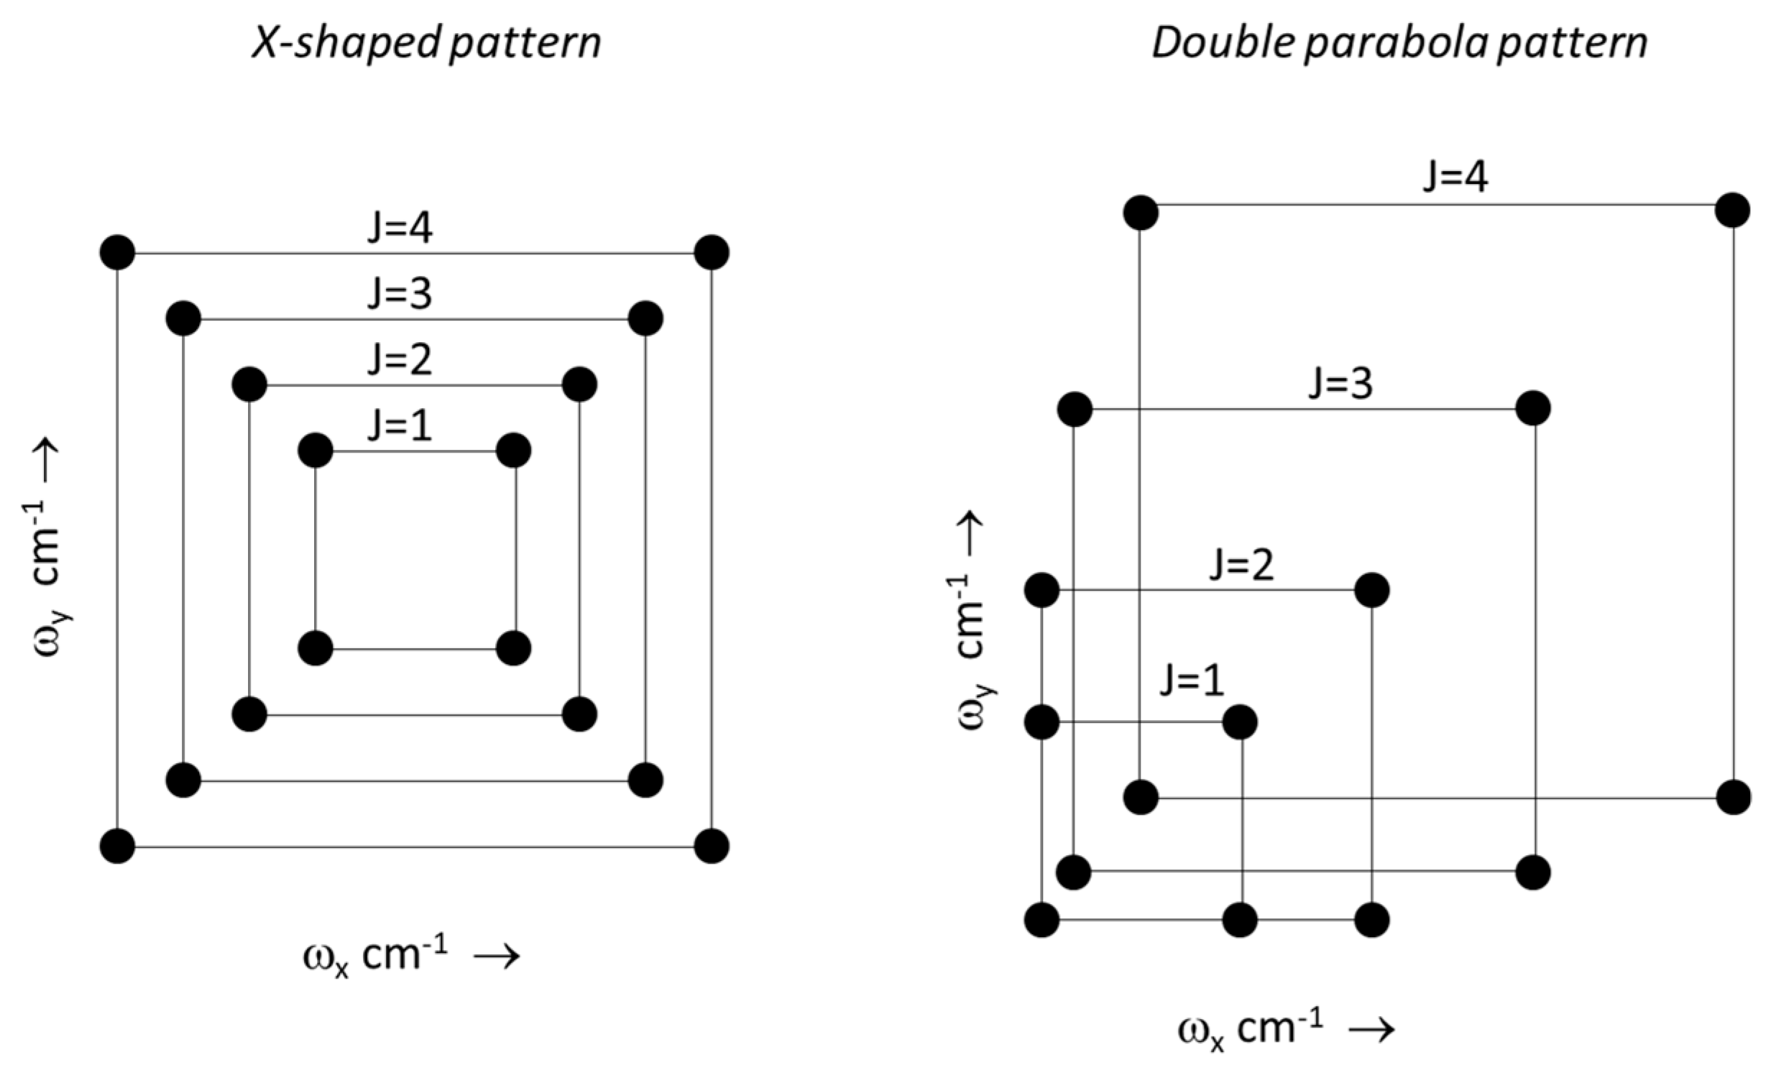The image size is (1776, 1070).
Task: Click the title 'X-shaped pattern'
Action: click(x=426, y=43)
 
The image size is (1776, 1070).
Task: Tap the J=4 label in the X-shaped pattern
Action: click(x=400, y=229)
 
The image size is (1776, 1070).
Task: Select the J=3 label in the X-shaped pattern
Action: click(x=400, y=294)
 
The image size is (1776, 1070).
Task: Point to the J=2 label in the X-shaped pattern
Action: click(x=400, y=359)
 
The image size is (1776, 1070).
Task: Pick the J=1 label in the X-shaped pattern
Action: click(x=400, y=426)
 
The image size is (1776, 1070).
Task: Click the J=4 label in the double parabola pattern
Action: click(x=1455, y=177)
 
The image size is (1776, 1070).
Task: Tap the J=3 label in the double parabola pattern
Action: click(x=1340, y=384)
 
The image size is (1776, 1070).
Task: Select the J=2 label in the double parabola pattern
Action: click(x=1242, y=565)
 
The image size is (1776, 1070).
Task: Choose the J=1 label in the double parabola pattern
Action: click(x=1192, y=681)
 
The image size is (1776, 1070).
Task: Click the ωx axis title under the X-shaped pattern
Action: click(x=411, y=957)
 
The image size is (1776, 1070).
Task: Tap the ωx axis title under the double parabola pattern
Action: click(x=1287, y=1029)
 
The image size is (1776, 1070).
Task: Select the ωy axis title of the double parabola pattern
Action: click(x=973, y=619)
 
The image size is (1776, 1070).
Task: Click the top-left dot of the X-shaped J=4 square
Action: click(x=117, y=253)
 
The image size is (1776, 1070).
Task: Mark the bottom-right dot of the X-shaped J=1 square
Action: click(x=514, y=648)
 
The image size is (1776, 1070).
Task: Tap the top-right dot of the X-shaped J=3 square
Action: click(x=646, y=318)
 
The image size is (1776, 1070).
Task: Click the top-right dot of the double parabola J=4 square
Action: click(x=1733, y=211)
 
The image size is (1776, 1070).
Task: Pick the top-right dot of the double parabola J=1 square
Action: click(x=1241, y=722)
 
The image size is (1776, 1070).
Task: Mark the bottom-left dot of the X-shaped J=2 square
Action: click(x=249, y=715)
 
